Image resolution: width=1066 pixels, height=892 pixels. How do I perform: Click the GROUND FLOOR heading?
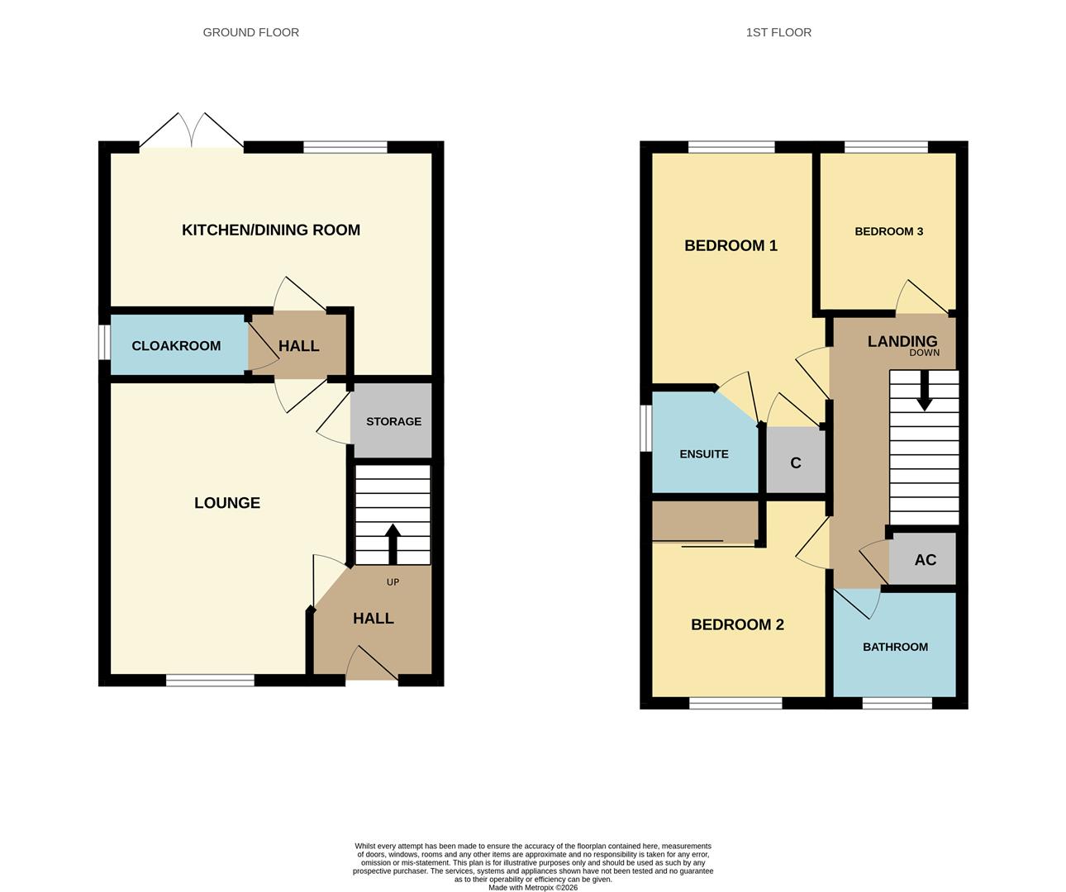[x=250, y=32]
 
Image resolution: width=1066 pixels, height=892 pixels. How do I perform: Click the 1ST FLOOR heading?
[x=778, y=32]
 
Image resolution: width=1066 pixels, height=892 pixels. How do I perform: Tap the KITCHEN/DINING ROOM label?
[x=271, y=230]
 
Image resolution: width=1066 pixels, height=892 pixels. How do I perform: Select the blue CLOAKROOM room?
[x=177, y=345]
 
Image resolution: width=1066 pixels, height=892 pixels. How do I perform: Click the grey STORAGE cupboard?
[x=393, y=420]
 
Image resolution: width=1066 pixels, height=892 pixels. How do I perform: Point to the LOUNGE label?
[x=227, y=502]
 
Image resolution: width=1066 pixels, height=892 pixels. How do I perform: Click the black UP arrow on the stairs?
[x=393, y=542]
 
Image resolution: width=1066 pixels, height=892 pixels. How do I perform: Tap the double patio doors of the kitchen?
[x=192, y=132]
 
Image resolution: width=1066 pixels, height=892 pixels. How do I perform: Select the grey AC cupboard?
[x=924, y=559]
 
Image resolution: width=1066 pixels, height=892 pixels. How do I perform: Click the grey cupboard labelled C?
[x=796, y=463]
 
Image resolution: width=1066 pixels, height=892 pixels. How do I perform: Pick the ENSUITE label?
[x=704, y=453]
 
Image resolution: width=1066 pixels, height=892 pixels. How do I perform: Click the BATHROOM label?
[x=895, y=647]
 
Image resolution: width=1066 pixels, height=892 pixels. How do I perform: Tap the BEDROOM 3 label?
[x=888, y=231]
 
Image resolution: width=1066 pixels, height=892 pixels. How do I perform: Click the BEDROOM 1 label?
[x=730, y=245]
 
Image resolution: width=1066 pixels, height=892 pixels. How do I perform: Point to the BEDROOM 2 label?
[x=737, y=624]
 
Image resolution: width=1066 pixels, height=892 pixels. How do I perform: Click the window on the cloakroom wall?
[x=104, y=343]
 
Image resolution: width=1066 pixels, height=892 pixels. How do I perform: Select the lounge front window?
[x=210, y=681]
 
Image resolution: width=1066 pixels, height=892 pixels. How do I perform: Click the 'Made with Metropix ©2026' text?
[x=533, y=888]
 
